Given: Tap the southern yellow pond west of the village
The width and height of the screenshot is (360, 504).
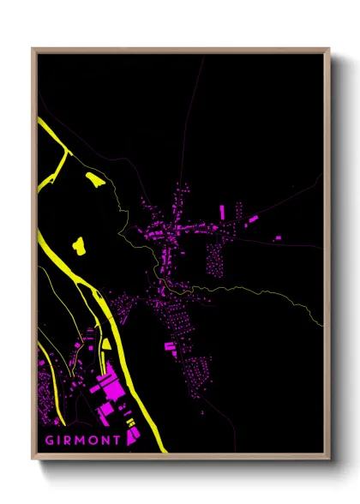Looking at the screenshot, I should [80, 246].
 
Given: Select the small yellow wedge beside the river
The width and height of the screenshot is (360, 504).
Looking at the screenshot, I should [106, 344].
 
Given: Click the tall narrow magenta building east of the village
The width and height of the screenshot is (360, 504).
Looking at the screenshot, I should [222, 212].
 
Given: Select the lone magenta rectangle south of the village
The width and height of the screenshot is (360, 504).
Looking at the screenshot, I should [170, 346].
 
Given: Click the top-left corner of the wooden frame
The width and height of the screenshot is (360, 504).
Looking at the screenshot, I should [33, 50].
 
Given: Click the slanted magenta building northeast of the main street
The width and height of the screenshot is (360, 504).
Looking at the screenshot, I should [253, 220].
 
